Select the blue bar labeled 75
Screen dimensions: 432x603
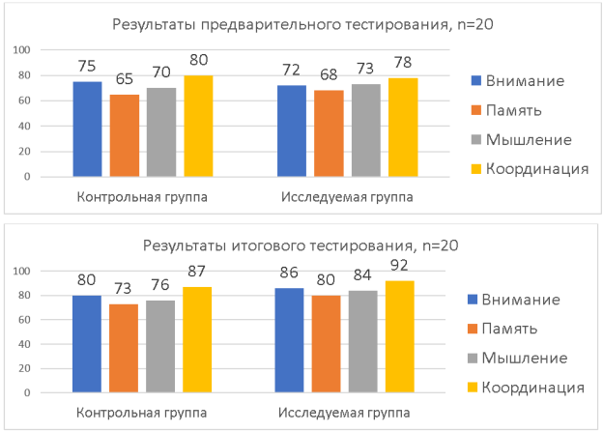[x=87, y=130]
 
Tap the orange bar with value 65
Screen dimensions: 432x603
[x=124, y=135]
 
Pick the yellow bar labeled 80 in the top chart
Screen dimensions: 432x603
[x=197, y=127]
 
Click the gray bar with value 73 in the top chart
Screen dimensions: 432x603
[x=365, y=130]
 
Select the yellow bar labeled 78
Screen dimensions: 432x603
[x=402, y=128]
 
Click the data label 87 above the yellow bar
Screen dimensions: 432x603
[x=198, y=267]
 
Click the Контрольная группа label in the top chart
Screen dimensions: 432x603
[x=142, y=197]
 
